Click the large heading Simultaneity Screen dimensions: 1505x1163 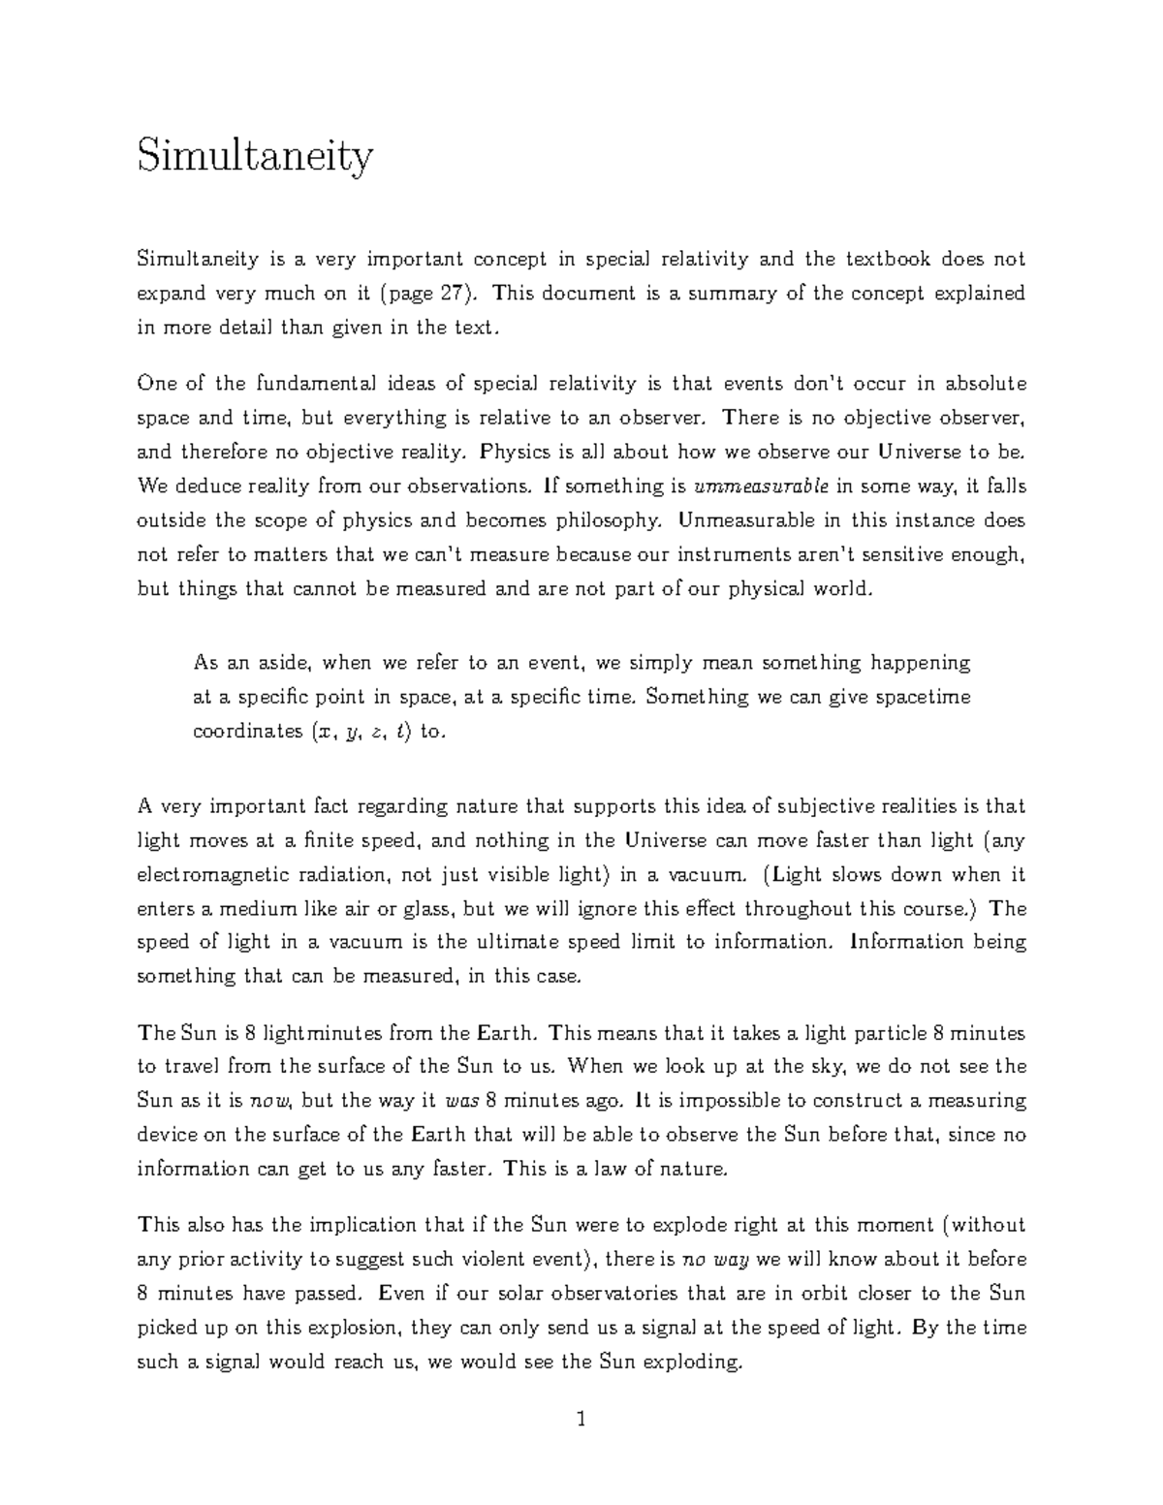pyautogui.click(x=255, y=157)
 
